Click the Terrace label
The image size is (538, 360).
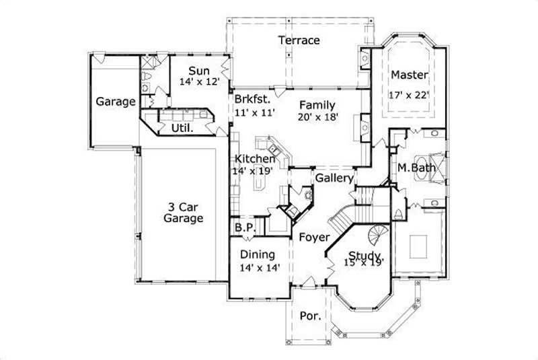tap(299, 40)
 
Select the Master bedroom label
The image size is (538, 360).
tap(410, 74)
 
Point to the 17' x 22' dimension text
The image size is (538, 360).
tap(410, 95)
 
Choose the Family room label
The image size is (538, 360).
tap(317, 105)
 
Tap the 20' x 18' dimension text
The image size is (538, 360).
tap(317, 116)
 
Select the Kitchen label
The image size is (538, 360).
tap(254, 159)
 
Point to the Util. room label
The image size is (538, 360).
tap(183, 127)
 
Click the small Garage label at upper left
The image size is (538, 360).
tap(116, 102)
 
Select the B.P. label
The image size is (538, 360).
tap(245, 228)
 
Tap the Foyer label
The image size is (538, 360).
tap(314, 238)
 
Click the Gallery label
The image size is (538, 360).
tap(334, 178)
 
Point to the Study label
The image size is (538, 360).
tap(365, 256)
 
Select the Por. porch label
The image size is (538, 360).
tap(309, 315)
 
